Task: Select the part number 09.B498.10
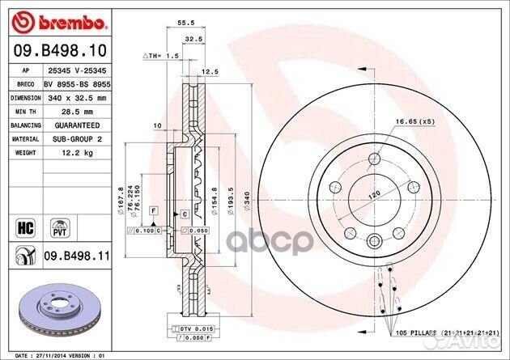51,50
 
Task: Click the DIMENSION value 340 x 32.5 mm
70,96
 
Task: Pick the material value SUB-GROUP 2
70,138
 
